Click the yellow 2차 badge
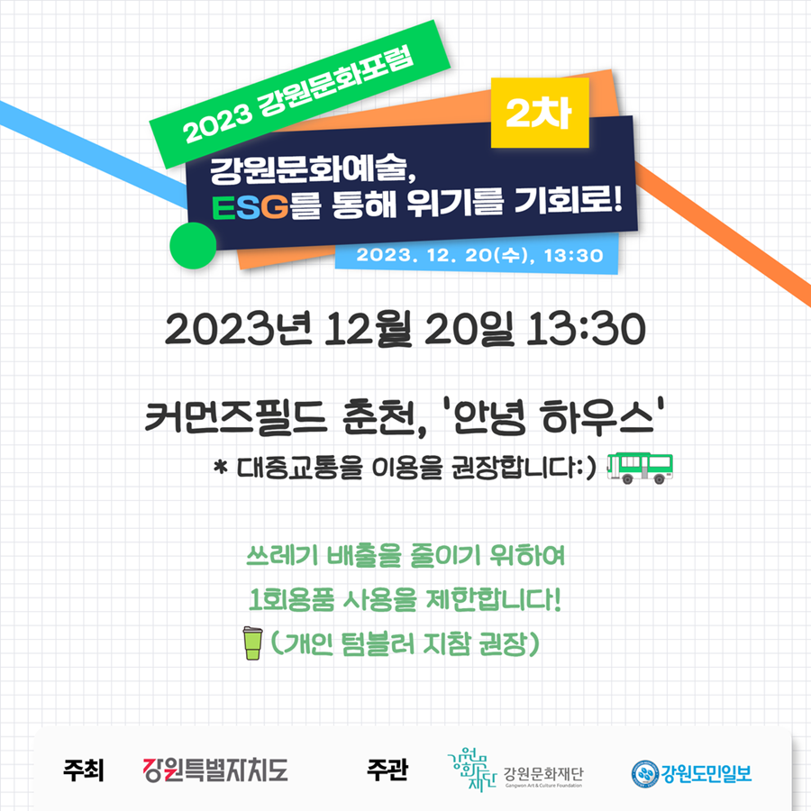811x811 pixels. click(540, 113)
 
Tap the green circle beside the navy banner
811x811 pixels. click(193, 246)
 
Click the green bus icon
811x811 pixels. click(640, 468)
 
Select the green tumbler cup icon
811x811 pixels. click(252, 642)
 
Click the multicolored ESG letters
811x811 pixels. click(250, 207)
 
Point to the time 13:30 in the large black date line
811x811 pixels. click(586, 329)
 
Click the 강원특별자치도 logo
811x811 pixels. click(215, 770)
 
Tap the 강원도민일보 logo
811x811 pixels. click(691, 774)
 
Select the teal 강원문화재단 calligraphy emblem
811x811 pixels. click(470, 770)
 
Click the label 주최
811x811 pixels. click(84, 770)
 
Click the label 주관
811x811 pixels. click(387, 770)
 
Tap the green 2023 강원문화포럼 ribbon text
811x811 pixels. click(298, 95)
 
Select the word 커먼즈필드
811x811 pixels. click(236, 417)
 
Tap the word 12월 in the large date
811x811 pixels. click(368, 330)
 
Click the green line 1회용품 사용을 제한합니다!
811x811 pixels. click(405, 600)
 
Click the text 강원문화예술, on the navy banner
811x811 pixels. click(313, 170)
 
